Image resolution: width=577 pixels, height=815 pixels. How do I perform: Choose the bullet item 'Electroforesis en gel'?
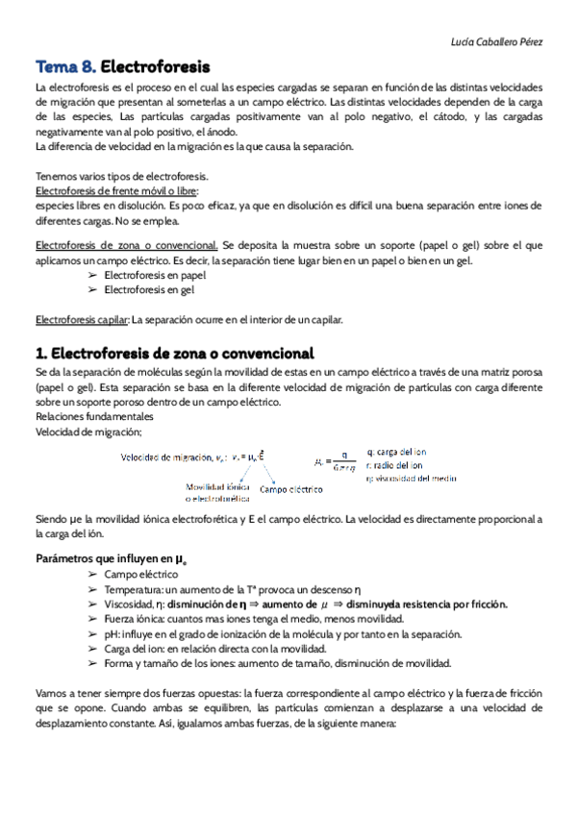149,288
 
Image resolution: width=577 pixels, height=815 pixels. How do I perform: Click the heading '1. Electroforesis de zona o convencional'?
174,353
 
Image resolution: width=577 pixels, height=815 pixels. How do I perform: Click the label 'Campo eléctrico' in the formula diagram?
290,488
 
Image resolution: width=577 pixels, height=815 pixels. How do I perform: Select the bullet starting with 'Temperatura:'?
233,588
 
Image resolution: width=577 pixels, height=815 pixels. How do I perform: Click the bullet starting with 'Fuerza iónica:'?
254,619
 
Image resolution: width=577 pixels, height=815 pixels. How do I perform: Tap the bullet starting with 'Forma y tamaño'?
277,663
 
